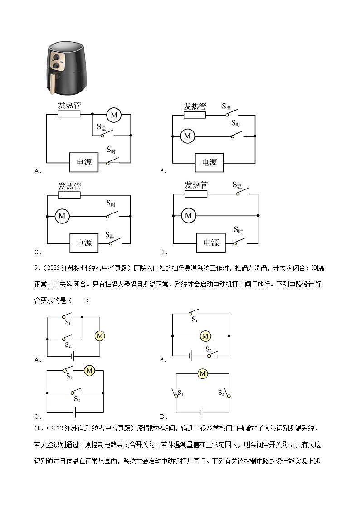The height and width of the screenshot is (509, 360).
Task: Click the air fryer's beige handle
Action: tap(54, 84)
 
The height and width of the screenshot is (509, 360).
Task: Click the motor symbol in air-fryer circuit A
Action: tap(113, 115)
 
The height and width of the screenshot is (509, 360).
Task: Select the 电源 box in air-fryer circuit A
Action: tap(84, 162)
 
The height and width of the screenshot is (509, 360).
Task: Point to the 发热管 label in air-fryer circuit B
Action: tap(195, 106)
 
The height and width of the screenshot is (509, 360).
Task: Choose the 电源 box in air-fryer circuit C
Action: tap(84, 243)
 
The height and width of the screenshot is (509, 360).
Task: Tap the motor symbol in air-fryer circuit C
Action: tap(62, 216)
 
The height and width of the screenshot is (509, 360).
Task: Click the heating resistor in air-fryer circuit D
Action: tap(196, 194)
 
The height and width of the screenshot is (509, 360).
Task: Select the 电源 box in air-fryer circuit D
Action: tap(210, 243)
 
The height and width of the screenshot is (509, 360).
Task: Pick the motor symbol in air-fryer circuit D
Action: tap(188, 215)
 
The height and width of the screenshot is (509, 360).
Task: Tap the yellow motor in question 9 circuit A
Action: tap(100, 336)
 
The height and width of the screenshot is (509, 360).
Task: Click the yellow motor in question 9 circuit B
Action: tap(205, 336)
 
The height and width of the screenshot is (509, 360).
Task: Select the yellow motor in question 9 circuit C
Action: tap(89, 370)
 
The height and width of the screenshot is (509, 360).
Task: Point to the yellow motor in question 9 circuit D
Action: tap(203, 373)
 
